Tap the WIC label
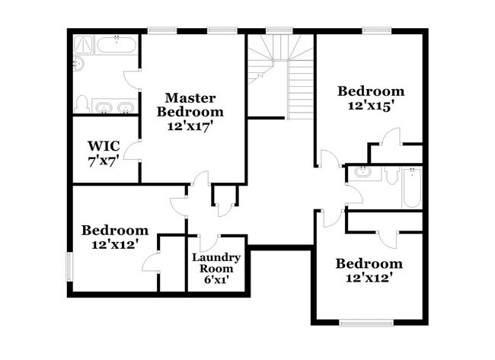[x=101, y=145]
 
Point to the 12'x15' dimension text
[x=370, y=107]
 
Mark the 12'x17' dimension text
[x=191, y=126]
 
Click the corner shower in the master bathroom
[x=82, y=44]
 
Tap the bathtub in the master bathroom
[x=117, y=43]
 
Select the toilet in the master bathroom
[x=81, y=103]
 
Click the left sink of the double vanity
[x=104, y=106]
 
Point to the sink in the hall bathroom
[x=362, y=172]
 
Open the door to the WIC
[x=133, y=148]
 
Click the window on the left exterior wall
[x=69, y=267]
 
